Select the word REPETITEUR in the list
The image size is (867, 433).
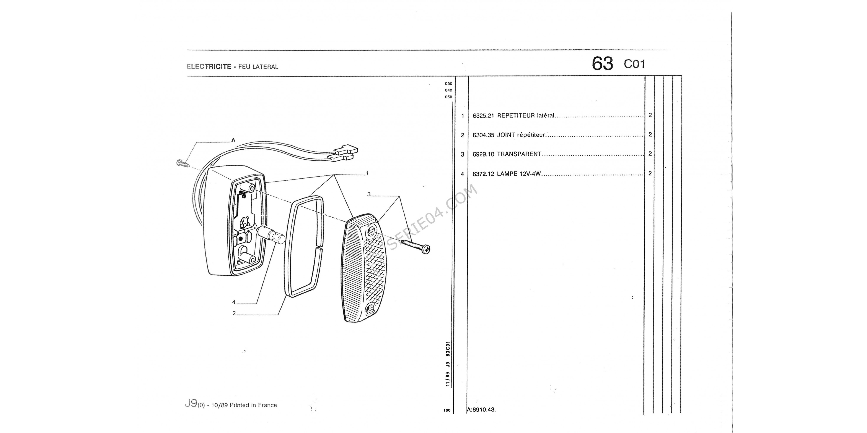click(x=516, y=116)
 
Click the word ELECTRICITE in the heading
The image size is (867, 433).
click(x=209, y=66)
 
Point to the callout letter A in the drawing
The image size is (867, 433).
click(x=233, y=141)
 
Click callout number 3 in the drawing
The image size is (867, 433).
click(x=369, y=194)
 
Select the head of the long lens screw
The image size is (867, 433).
click(x=426, y=249)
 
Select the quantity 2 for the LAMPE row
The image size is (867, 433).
click(x=650, y=173)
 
